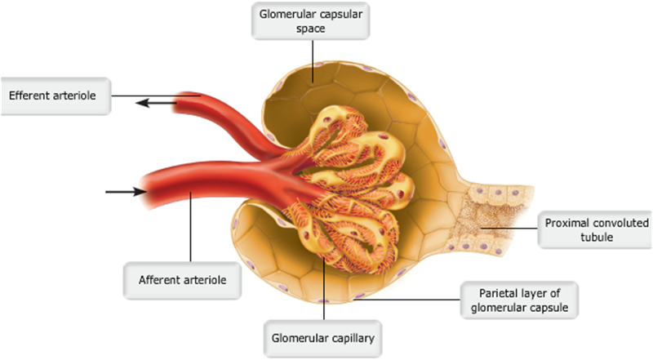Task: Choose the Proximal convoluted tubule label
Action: point(594,229)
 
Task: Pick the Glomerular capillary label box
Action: point(324,334)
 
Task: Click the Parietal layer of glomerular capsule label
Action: point(519,300)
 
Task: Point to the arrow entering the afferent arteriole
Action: point(124,193)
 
